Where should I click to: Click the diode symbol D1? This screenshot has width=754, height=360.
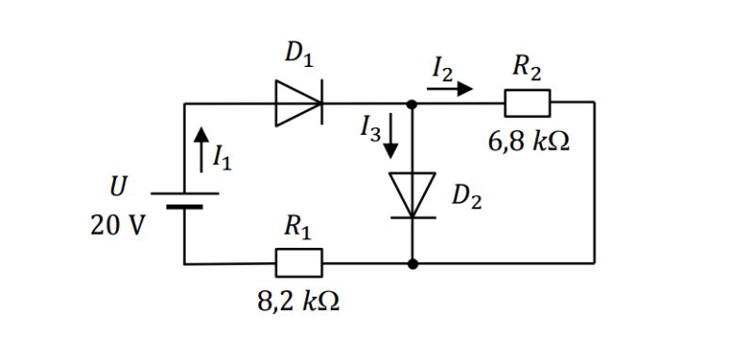pos(299,103)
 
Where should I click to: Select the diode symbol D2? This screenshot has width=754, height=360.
pos(413,195)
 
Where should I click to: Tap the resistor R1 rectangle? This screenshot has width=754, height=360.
pos(299,263)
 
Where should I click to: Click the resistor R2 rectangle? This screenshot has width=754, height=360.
pos(527,103)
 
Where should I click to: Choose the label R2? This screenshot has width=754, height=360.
pos(527,67)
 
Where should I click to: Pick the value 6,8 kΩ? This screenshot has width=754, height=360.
pos(529,143)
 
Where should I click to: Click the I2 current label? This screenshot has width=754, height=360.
pos(442,68)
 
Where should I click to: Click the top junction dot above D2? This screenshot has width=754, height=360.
pos(413,104)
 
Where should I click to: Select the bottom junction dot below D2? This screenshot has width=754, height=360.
pos(413,264)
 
